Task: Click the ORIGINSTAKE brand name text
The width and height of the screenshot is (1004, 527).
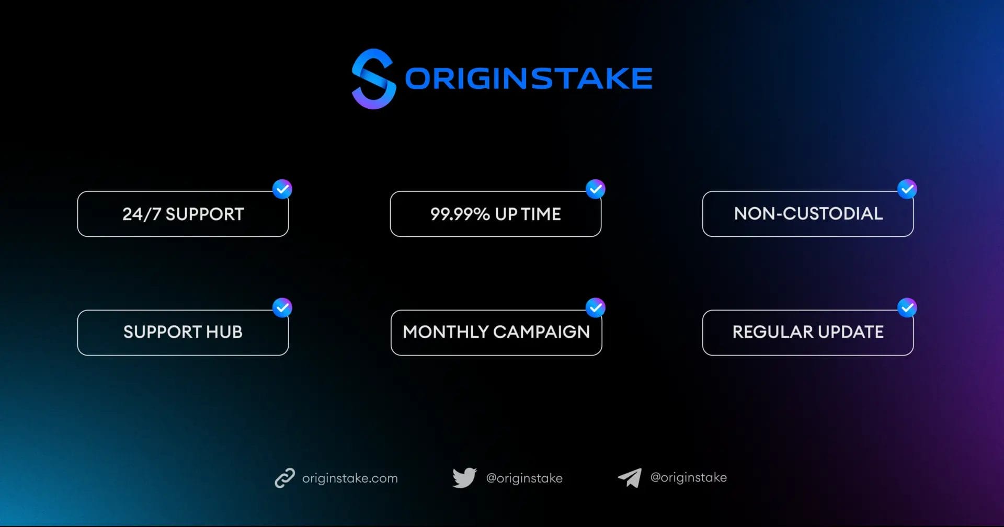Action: (x=528, y=78)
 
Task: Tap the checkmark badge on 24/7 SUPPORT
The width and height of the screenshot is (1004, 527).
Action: (x=282, y=189)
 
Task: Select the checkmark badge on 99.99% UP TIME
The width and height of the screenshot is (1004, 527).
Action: (x=595, y=189)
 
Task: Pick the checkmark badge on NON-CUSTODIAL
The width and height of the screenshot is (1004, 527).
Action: (x=907, y=189)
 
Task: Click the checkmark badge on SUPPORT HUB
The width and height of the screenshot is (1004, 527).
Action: (x=282, y=308)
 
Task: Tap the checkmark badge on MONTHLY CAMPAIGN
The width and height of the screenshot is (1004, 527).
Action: (x=595, y=308)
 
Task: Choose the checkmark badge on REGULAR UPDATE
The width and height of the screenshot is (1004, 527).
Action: (x=907, y=308)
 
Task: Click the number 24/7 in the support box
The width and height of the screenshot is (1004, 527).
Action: (x=141, y=214)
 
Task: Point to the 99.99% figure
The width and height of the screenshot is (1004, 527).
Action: (x=460, y=214)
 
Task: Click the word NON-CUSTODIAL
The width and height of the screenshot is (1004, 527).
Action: (x=808, y=214)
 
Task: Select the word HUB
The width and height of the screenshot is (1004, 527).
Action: (x=224, y=332)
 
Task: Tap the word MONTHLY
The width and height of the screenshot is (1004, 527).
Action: (x=445, y=332)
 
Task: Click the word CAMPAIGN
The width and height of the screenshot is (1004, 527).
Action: (x=541, y=332)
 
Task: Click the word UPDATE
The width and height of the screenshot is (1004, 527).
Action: (x=851, y=332)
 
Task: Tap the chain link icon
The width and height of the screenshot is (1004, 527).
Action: (x=285, y=478)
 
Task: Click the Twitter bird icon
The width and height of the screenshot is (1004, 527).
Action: (x=464, y=478)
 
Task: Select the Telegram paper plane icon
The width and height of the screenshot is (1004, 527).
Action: (x=630, y=477)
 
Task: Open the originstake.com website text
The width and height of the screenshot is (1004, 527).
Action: (x=350, y=478)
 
